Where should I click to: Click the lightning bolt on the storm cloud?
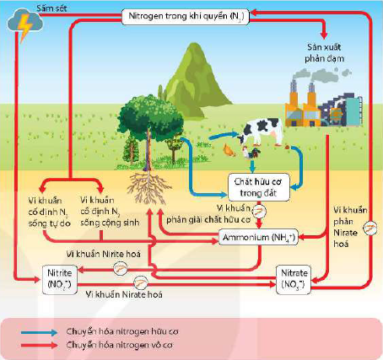coord(24,27)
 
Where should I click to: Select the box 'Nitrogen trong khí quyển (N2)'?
coord(186,16)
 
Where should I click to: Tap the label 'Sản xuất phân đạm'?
coord(325,52)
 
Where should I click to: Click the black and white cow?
coord(261,132)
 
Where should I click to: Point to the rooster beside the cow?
coord(251,153)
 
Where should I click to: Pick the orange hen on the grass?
coord(229,150)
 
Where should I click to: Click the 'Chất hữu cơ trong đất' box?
coord(258,187)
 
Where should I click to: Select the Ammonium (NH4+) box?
coord(258,238)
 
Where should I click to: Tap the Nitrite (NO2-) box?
coord(60,279)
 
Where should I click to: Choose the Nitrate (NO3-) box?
coord(294,279)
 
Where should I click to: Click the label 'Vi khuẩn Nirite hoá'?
coord(104,254)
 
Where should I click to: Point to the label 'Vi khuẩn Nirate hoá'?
coord(124,294)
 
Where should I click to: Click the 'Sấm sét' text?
coord(51,8)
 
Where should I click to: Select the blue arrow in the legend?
coord(39,332)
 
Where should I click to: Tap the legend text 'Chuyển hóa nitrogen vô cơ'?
coord(120,345)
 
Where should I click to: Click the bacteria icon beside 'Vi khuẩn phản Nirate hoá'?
coord(370,228)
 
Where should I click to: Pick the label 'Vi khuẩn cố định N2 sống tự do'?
coord(49,212)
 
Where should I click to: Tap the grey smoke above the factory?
coord(321,75)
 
